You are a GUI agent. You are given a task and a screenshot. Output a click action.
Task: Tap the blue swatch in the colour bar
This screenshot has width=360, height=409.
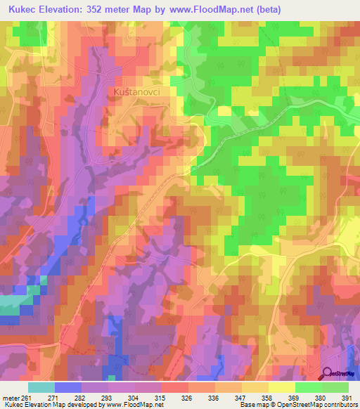(67, 387)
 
